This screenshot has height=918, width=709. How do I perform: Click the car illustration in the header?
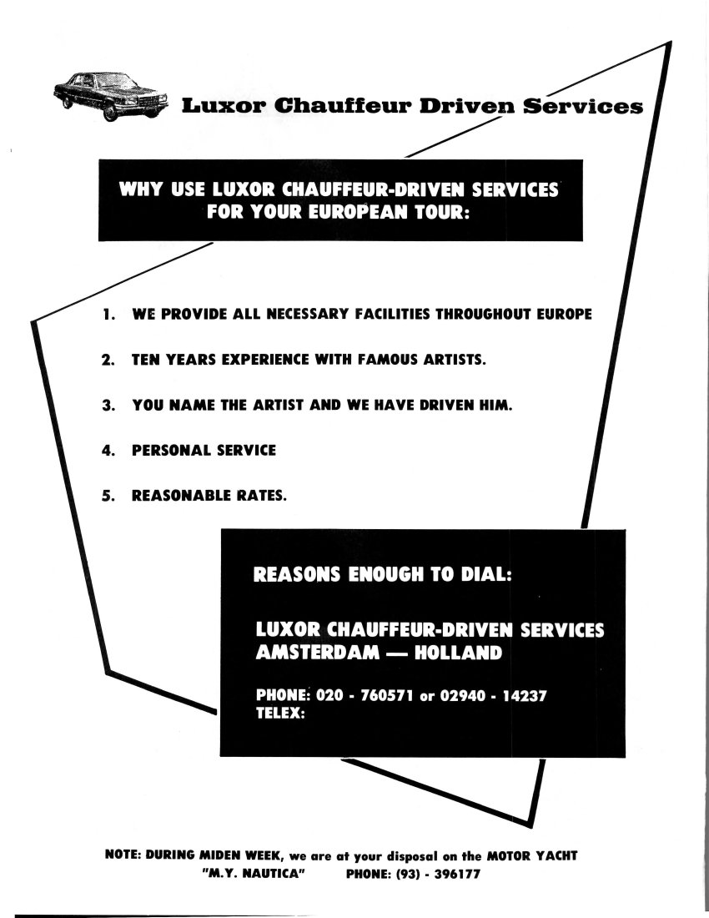click(x=111, y=97)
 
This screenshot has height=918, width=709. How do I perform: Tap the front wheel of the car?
click(x=110, y=112)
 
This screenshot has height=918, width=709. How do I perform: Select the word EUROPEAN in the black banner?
click(x=357, y=212)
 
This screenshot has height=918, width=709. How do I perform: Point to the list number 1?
click(x=108, y=314)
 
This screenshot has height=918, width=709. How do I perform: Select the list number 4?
click(x=108, y=450)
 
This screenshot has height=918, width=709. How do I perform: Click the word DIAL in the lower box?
click(x=486, y=574)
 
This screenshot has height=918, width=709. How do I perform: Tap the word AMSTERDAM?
click(x=318, y=653)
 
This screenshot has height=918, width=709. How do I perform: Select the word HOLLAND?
click(x=458, y=653)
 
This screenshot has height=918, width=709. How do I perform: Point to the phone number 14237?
click(x=525, y=695)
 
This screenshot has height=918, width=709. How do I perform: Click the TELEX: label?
click(x=281, y=713)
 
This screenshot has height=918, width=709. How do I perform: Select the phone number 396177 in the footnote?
click(x=457, y=874)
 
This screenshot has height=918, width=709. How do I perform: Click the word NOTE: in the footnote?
click(x=123, y=855)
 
